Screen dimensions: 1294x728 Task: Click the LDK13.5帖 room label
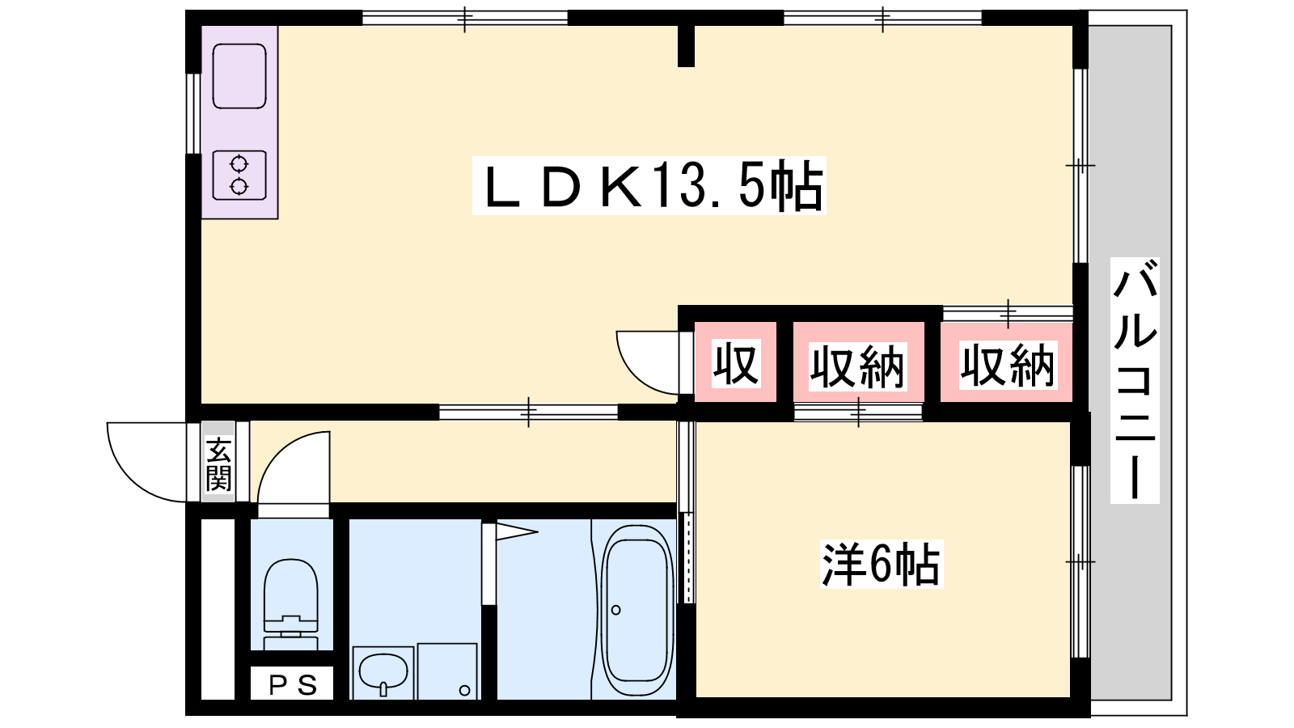point(649,185)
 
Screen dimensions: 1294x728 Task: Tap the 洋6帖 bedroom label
point(881,564)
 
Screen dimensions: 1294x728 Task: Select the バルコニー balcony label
point(1135,380)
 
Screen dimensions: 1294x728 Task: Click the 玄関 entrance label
point(218,464)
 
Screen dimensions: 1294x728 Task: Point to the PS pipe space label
point(293,684)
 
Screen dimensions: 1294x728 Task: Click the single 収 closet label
point(735,364)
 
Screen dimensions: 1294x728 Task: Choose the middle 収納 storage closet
point(857,366)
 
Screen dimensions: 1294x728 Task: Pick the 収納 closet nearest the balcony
point(1008,365)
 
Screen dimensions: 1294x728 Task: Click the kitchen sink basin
point(239,76)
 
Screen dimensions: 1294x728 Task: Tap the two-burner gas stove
point(239,175)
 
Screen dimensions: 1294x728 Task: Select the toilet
point(290,603)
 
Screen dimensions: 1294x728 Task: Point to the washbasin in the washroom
point(383,672)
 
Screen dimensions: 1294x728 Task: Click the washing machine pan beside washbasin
point(447,671)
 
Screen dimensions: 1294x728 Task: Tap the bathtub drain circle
point(615,610)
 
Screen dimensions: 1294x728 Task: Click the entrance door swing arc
point(146,462)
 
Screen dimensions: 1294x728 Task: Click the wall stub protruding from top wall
point(686,46)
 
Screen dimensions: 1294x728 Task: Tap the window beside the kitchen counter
point(193,113)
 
